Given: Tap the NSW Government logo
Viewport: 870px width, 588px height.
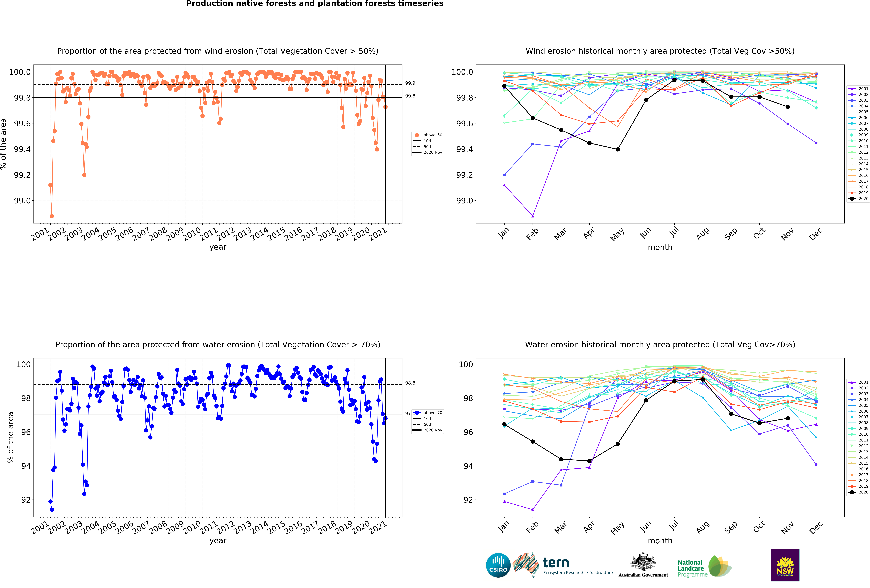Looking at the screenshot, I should point(785,565).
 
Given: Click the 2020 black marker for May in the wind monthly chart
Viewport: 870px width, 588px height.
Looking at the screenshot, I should point(618,149).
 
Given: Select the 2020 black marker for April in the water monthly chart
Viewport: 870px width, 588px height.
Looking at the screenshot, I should point(589,461).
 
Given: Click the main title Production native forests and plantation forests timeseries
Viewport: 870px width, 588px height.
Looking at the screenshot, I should point(314,4).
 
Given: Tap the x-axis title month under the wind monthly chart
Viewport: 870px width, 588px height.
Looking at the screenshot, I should point(660,247).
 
